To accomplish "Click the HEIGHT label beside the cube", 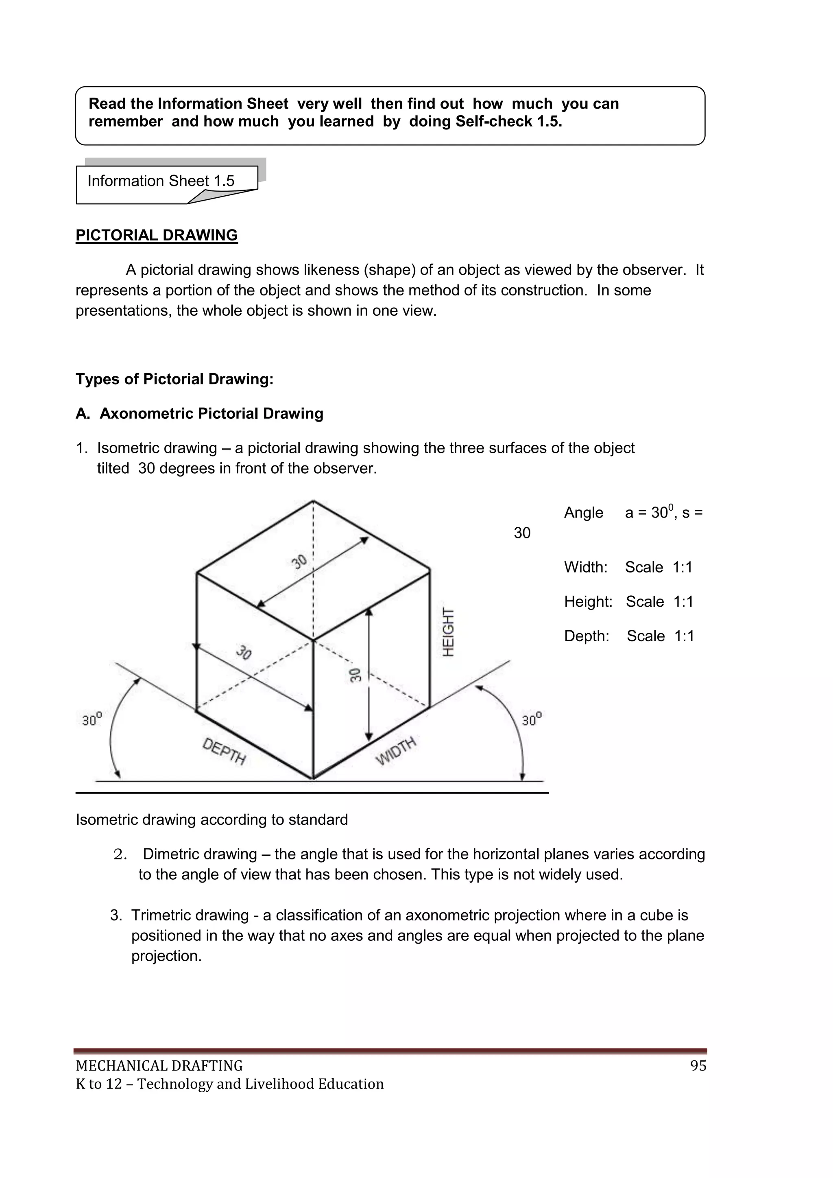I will coord(448,632).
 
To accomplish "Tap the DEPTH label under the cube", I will coord(224,751).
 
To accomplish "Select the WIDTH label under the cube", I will coord(396,751).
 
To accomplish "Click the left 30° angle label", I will coord(92,719).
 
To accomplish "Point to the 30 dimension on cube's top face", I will coord(299,561).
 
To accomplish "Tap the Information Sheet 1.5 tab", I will coord(161,181).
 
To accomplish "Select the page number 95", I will coord(698,1066).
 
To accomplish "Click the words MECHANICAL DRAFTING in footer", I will coord(159,1066).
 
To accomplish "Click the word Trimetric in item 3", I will coord(162,915).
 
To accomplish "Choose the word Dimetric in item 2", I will coord(174,854).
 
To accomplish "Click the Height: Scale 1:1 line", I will coord(628,601).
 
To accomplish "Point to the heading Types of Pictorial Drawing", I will coord(174,379).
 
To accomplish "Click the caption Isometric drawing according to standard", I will coord(212,820).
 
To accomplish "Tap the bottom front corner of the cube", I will coord(313,778).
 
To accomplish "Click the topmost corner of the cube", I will coord(313,501).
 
